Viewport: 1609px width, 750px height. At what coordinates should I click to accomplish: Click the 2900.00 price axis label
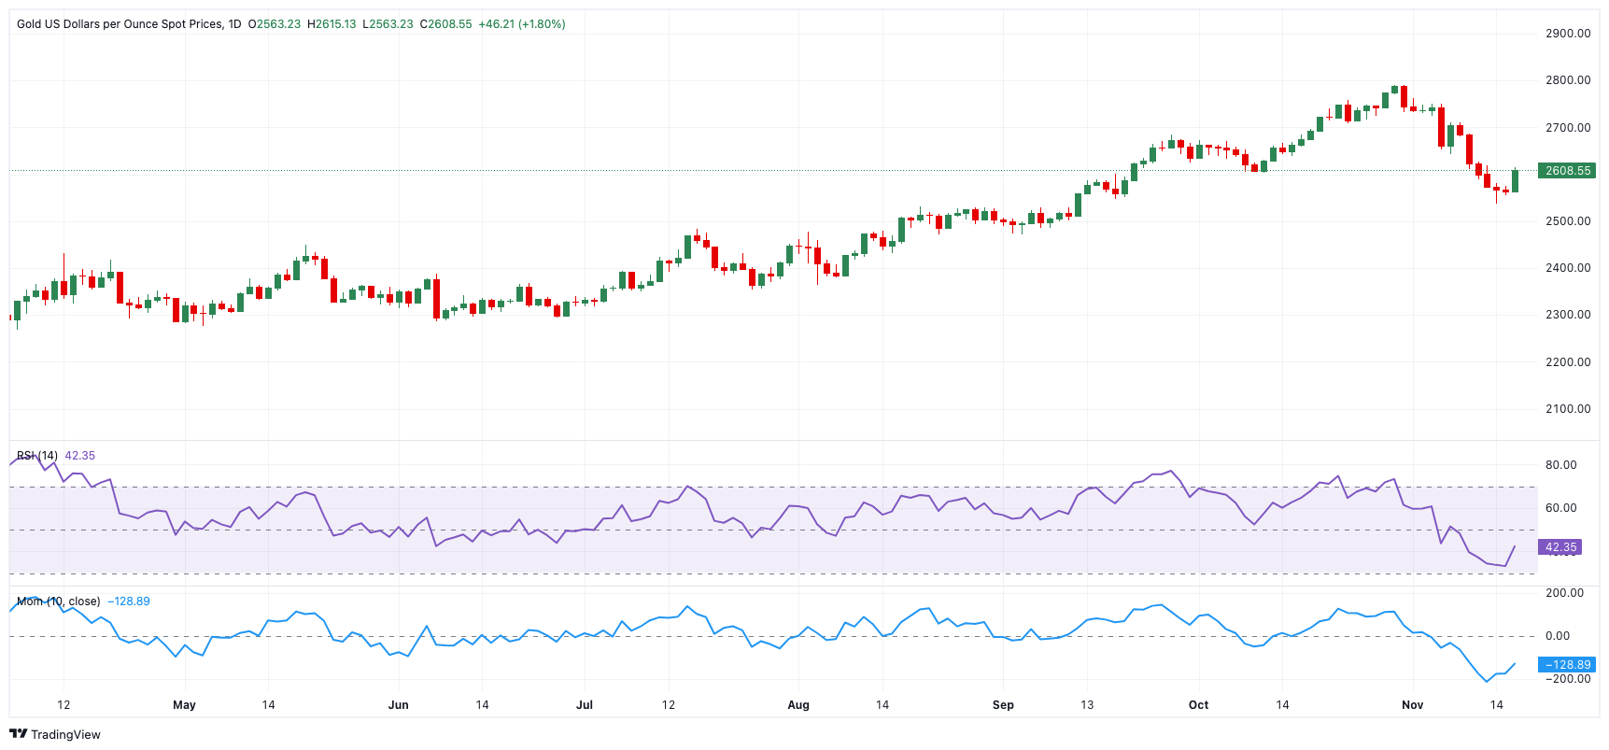(1567, 34)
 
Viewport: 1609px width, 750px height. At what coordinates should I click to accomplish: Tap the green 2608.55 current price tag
(1567, 171)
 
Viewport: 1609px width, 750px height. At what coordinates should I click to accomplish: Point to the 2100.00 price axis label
(1567, 409)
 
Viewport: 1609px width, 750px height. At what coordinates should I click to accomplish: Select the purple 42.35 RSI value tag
(1560, 547)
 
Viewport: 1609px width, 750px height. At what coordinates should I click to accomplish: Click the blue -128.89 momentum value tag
(1567, 665)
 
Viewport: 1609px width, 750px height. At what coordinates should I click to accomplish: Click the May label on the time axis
(184, 705)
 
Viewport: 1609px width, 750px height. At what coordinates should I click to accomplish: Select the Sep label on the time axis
(1003, 705)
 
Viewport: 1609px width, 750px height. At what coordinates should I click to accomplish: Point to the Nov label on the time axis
(1412, 705)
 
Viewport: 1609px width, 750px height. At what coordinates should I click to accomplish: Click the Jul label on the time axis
(585, 705)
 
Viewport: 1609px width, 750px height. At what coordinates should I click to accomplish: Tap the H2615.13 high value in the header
(332, 24)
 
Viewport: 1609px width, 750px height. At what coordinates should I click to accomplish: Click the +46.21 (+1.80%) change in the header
(521, 24)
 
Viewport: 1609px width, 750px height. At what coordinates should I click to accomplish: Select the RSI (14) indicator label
(37, 456)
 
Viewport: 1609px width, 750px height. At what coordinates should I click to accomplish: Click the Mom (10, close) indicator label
(58, 601)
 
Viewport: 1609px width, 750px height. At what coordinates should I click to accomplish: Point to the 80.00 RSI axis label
(1560, 465)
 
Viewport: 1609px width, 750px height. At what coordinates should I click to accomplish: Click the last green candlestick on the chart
(1515, 181)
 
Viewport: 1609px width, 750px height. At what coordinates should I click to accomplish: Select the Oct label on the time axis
(1198, 705)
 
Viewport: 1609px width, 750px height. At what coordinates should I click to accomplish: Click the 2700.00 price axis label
(1567, 128)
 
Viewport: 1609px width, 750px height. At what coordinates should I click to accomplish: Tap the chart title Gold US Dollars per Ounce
(120, 24)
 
